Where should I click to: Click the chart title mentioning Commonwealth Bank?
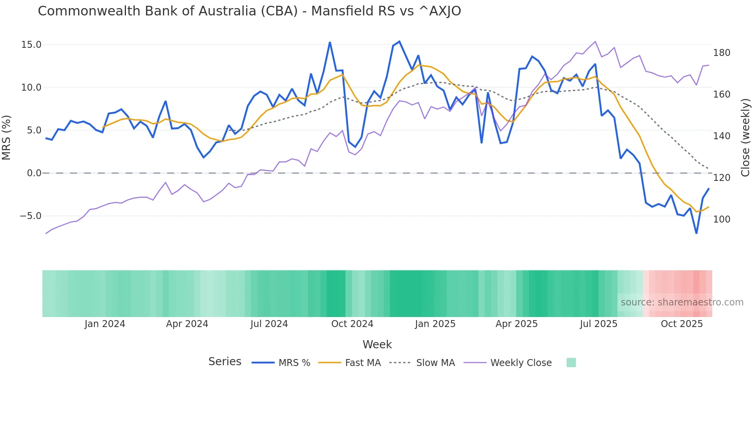click(249, 11)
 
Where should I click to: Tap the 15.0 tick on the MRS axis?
click(31, 45)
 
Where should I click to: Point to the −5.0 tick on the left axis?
click(30, 216)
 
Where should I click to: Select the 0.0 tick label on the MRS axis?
click(34, 173)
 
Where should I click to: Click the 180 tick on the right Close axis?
click(721, 53)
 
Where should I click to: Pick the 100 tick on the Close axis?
click(721, 219)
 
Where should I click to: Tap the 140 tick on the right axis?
click(721, 136)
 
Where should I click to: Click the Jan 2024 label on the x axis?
click(105, 324)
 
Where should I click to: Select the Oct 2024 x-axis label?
click(352, 324)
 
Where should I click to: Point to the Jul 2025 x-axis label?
click(599, 324)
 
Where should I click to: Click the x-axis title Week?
click(377, 344)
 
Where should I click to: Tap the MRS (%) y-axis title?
click(7, 138)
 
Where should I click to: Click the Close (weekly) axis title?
click(745, 138)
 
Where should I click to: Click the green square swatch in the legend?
click(571, 363)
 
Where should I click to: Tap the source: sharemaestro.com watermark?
click(682, 302)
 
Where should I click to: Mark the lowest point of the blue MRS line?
click(696, 233)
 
